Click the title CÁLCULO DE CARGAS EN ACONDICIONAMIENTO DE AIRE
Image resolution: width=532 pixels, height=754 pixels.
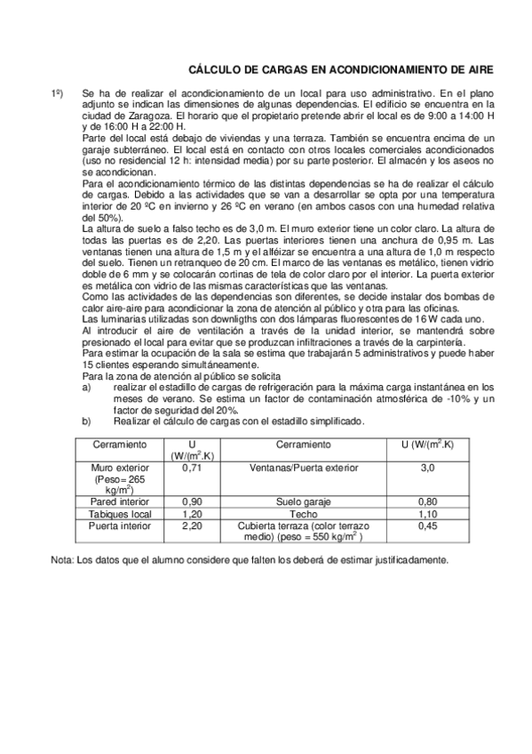(341, 68)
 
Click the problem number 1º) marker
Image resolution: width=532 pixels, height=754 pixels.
(56, 92)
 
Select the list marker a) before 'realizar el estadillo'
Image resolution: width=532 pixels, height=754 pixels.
(86, 386)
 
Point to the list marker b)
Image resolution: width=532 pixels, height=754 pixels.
(86, 421)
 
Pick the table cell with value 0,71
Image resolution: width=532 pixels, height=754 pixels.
(193, 466)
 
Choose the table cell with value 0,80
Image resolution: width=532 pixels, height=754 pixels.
(426, 501)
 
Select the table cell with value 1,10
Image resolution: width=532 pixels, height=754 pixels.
(426, 514)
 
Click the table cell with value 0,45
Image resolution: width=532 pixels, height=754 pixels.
(426, 526)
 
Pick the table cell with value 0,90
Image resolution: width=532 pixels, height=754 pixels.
(193, 501)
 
